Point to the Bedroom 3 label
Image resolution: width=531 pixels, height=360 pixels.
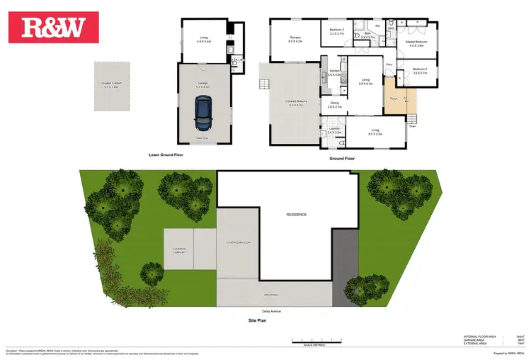click(x=337, y=32)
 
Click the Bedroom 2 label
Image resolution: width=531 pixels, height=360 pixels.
click(x=421, y=71)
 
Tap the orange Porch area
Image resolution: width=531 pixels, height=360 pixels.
click(x=394, y=99)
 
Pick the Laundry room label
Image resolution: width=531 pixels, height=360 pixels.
click(x=336, y=130)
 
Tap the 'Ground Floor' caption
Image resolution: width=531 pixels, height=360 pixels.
click(x=341, y=159)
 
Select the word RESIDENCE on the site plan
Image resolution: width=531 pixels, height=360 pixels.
click(x=296, y=214)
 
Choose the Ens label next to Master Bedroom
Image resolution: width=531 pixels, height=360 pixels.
click(x=391, y=28)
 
